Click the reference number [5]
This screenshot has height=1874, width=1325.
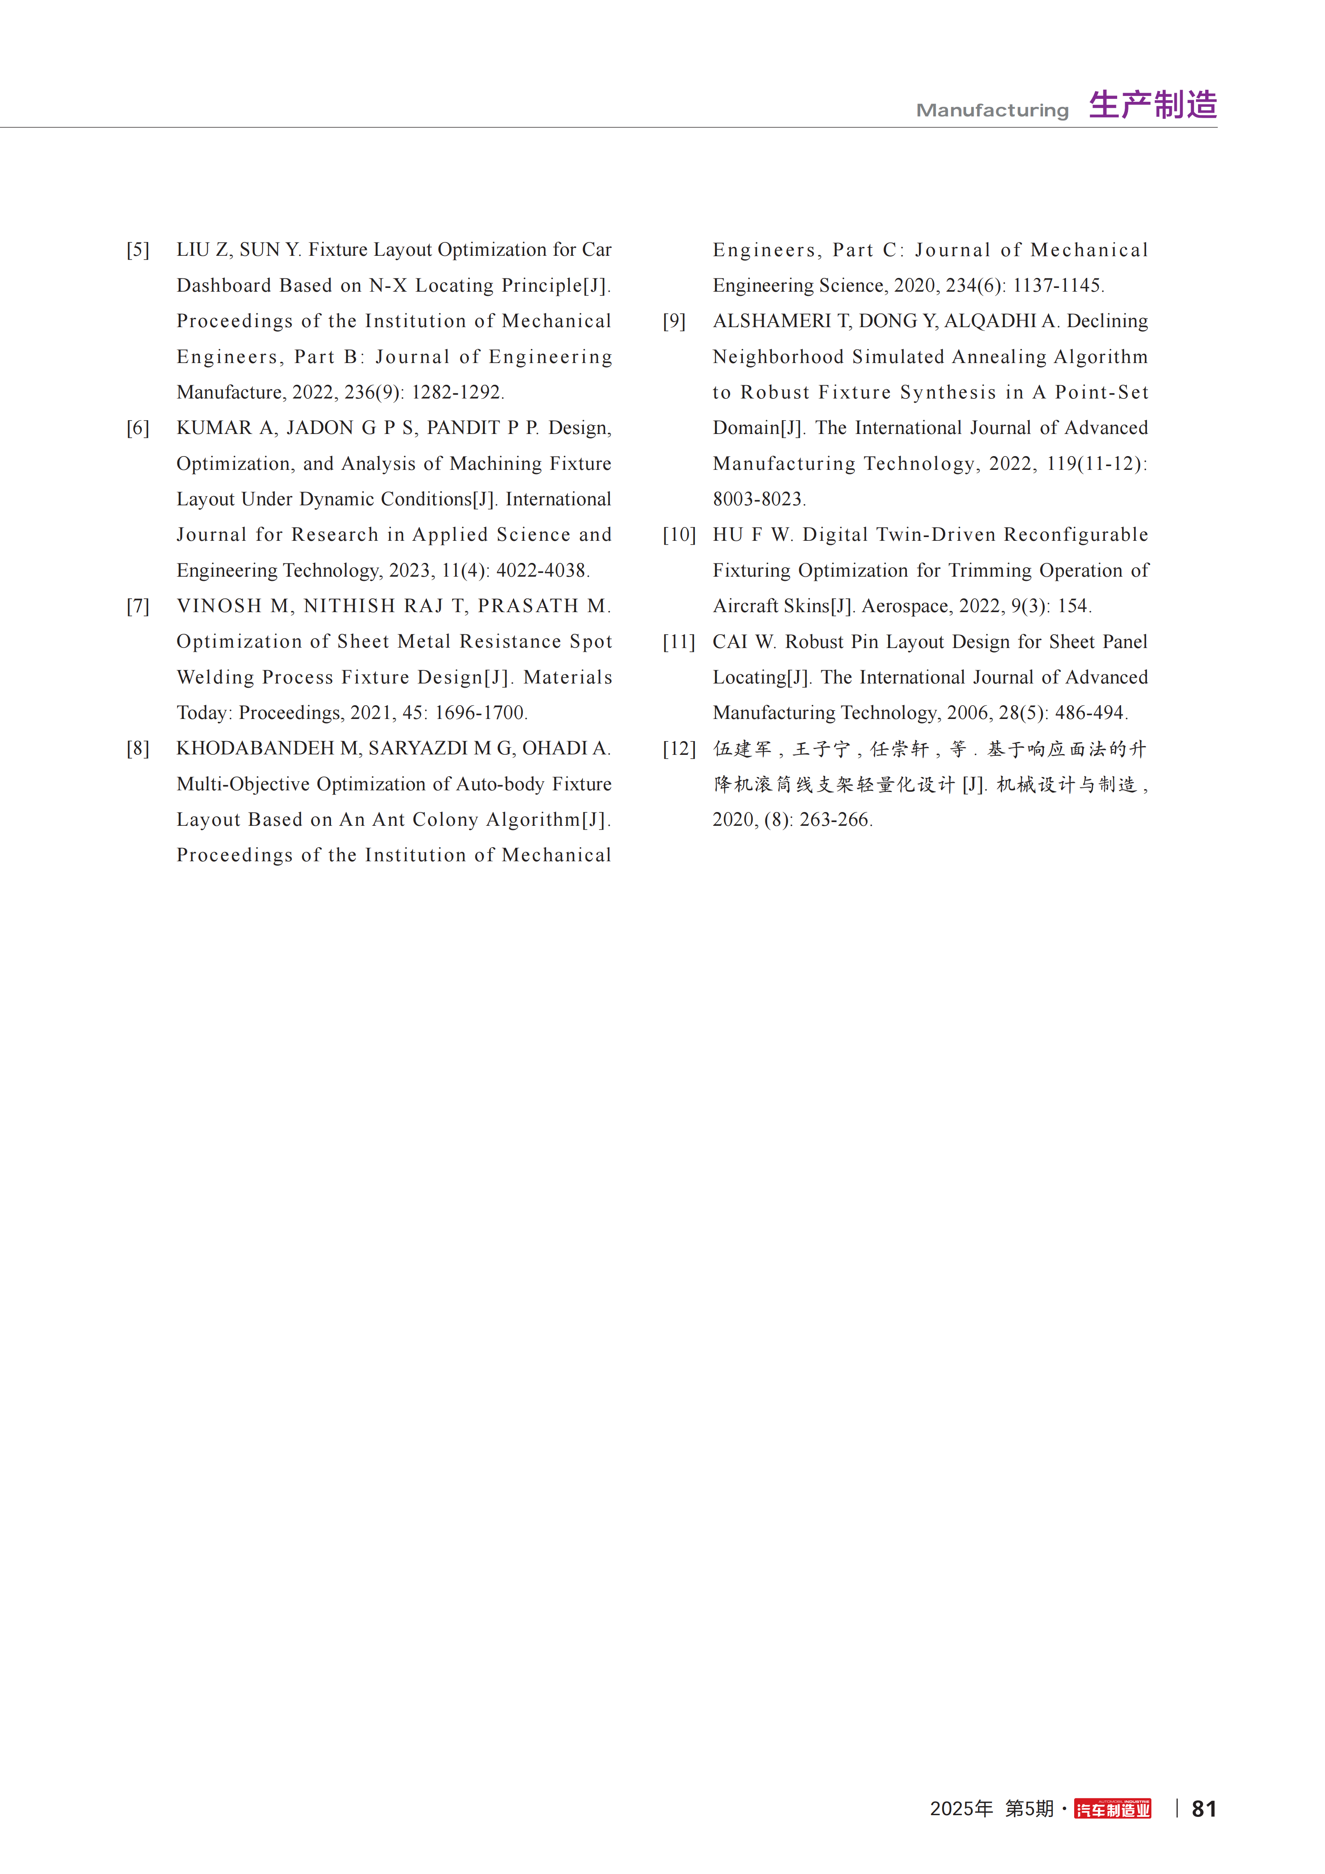(138, 250)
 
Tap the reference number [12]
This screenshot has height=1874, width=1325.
(679, 749)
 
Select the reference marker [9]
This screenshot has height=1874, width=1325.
(674, 321)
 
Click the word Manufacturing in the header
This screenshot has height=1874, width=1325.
(992, 110)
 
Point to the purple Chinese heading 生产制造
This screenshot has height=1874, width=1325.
(1153, 105)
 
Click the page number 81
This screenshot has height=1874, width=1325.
(1204, 1809)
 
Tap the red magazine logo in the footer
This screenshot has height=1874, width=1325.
(1113, 1809)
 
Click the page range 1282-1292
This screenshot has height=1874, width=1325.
(457, 393)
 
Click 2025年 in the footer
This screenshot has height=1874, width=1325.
(961, 1809)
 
